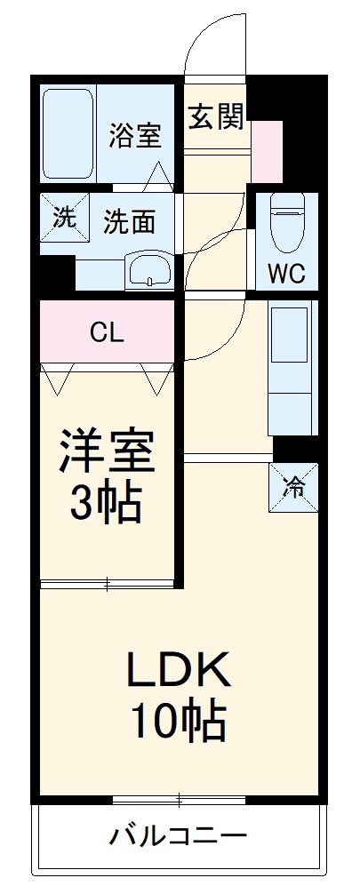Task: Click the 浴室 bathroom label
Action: click(x=135, y=136)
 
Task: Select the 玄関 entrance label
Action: click(x=216, y=116)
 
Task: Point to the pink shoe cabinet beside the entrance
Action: click(x=267, y=151)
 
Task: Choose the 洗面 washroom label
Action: click(x=129, y=221)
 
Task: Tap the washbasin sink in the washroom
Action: click(x=149, y=269)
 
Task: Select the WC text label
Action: click(x=287, y=274)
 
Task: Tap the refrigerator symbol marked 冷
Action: click(x=292, y=486)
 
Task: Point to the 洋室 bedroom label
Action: click(x=108, y=451)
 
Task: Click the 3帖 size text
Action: click(x=108, y=504)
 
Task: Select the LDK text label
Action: click(x=178, y=668)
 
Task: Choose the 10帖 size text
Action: click(x=178, y=722)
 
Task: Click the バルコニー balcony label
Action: click(x=178, y=837)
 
